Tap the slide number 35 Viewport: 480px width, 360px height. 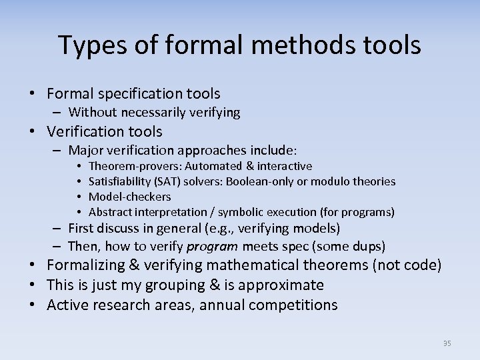(447, 343)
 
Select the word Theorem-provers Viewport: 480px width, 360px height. (135, 166)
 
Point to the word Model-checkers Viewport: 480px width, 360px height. (129, 197)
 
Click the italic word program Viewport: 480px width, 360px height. (208, 245)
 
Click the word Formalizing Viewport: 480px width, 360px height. (86, 265)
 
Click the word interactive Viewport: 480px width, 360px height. (284, 166)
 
